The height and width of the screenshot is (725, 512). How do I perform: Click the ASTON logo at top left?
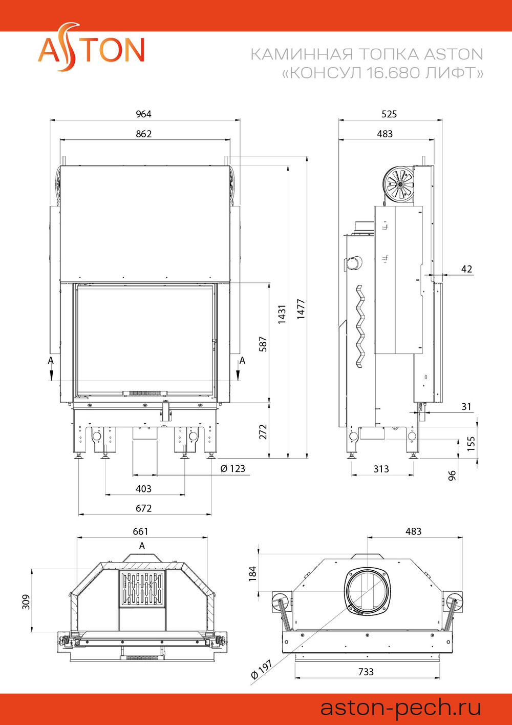pyautogui.click(x=91, y=47)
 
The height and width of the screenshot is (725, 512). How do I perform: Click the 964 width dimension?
pyautogui.click(x=143, y=114)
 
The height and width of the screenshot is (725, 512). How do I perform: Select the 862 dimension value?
pyautogui.click(x=143, y=134)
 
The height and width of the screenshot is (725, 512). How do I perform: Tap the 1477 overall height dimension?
pyautogui.click(x=301, y=309)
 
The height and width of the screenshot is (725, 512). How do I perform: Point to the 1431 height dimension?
pyautogui.click(x=282, y=314)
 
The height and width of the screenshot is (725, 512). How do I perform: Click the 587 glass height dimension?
pyautogui.click(x=263, y=344)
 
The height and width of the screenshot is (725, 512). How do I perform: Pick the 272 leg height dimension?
pyautogui.click(x=263, y=432)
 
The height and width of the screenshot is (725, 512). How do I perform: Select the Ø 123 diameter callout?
pyautogui.click(x=232, y=468)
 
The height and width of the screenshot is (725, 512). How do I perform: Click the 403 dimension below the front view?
pyautogui.click(x=143, y=489)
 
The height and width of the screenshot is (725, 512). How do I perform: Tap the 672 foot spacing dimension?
pyautogui.click(x=143, y=508)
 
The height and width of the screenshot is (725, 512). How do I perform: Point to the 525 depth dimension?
pyautogui.click(x=389, y=114)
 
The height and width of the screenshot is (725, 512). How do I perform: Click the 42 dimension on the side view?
pyautogui.click(x=467, y=269)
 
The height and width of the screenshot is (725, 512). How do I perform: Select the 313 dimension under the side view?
pyautogui.click(x=381, y=469)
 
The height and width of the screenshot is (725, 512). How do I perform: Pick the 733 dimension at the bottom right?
pyautogui.click(x=366, y=672)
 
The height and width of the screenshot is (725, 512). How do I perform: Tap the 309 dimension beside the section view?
pyautogui.click(x=26, y=602)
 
